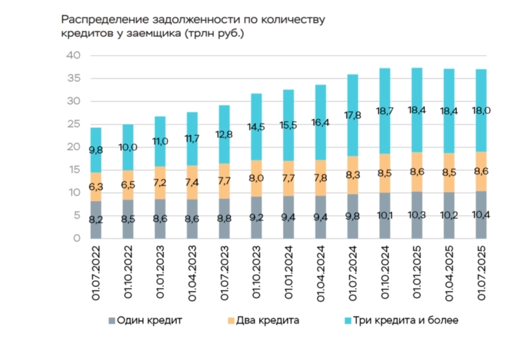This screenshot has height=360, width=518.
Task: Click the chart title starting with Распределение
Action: pos(193,26)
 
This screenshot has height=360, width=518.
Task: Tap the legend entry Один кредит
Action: pos(144,320)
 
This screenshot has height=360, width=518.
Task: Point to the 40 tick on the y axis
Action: pos(74,55)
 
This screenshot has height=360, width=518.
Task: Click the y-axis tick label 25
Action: pos(74,124)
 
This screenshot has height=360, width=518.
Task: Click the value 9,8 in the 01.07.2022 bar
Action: pos(96,150)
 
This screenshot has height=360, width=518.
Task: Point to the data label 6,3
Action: pos(96,186)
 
